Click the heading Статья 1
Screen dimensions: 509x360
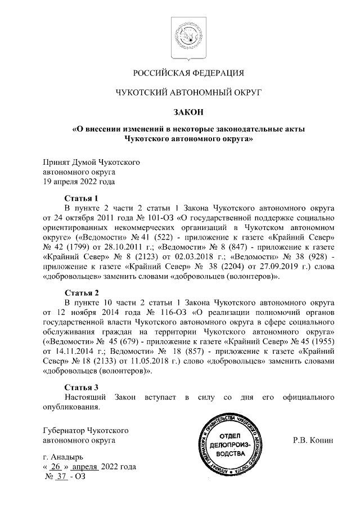(x=81, y=198)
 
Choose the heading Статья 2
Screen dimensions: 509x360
(x=81, y=293)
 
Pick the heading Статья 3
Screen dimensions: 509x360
(x=81, y=388)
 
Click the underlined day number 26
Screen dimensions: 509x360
(x=55, y=467)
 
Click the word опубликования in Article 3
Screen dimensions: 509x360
(x=71, y=407)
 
